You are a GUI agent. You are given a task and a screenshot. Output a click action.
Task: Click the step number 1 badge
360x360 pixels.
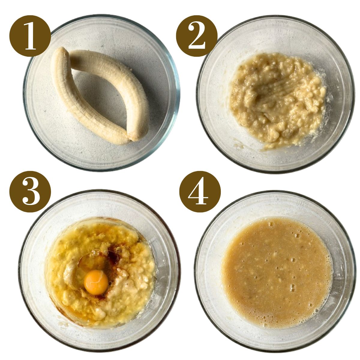(30, 36)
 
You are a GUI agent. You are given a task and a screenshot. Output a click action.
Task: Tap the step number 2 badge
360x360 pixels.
(196, 36)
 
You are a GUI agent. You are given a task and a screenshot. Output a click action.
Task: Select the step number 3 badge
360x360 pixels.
(30, 192)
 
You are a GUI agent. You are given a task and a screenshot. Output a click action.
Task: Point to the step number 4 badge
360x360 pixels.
(200, 192)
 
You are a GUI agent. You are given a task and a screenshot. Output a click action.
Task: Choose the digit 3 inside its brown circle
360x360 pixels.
(30, 192)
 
